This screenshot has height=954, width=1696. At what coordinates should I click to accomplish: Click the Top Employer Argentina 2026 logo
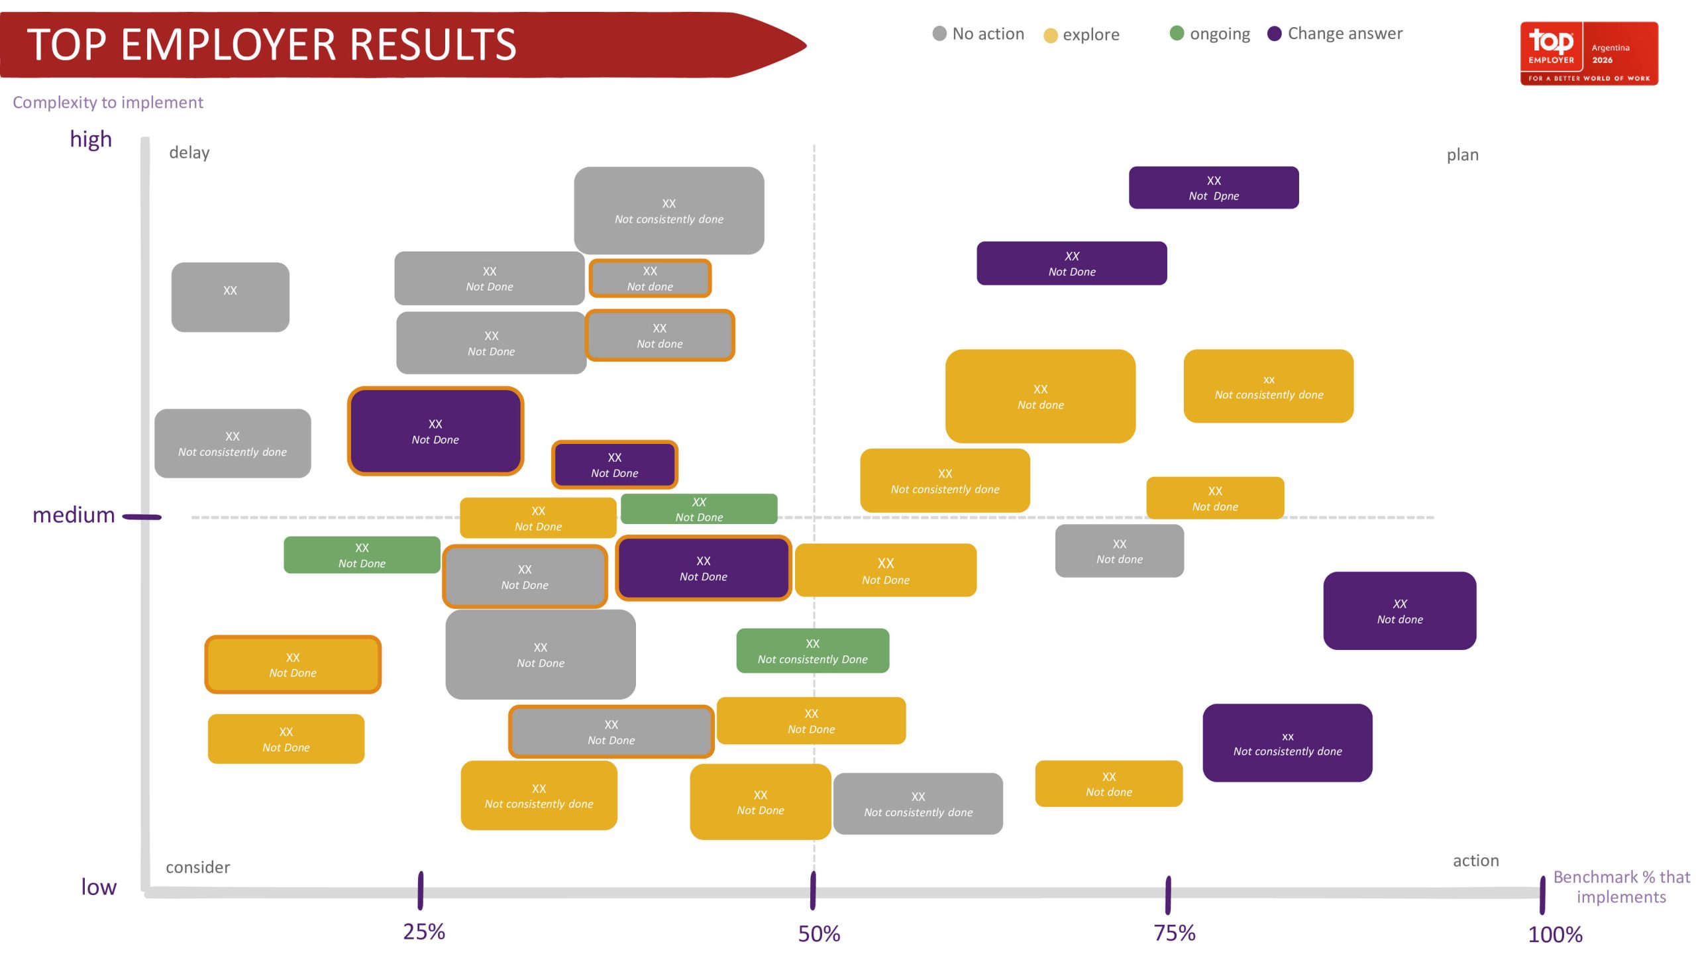[1589, 53]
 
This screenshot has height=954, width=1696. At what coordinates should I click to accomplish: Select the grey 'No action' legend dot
[939, 33]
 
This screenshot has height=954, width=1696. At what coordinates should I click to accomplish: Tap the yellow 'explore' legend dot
[1051, 35]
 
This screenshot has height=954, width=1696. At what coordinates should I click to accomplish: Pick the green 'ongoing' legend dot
[1177, 33]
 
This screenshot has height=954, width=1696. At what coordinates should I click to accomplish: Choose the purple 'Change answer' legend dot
[1274, 33]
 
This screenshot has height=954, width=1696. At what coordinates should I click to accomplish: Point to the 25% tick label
[424, 931]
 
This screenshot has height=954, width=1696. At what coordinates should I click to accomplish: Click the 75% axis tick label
[1175, 933]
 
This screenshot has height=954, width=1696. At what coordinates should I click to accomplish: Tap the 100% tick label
[1555, 934]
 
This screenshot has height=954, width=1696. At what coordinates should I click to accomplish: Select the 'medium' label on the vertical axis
[74, 515]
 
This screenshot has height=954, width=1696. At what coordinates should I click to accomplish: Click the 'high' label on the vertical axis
[91, 139]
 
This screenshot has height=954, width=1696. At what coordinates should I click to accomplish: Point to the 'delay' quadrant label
[189, 152]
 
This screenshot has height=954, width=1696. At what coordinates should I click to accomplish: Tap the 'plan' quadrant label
[1462, 155]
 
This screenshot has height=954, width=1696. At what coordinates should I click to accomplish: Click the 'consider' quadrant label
[198, 867]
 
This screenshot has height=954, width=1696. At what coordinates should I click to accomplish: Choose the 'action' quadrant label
[1476, 861]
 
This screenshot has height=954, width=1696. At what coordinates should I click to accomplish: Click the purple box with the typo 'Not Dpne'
[1214, 187]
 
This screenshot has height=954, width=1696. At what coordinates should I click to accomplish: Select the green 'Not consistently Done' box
[813, 651]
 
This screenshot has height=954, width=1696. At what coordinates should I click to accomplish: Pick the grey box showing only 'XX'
[230, 297]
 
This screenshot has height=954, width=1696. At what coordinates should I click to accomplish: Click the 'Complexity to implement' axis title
[108, 103]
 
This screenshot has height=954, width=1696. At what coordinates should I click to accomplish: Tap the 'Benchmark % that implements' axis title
[1621, 887]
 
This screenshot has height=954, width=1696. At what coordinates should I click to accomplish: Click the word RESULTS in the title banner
[433, 44]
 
